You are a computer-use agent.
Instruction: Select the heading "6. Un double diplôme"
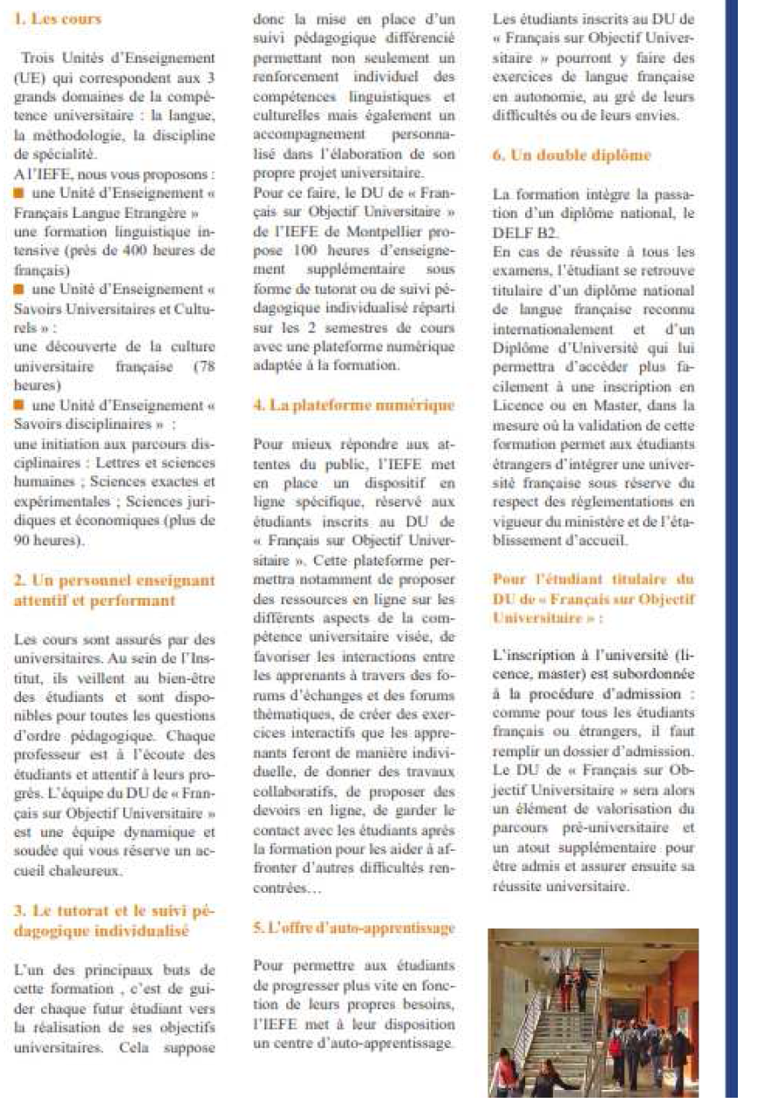[572, 156]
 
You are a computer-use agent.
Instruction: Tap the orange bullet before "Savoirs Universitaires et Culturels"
[18, 288]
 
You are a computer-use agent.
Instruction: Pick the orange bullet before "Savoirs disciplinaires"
[18, 404]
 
